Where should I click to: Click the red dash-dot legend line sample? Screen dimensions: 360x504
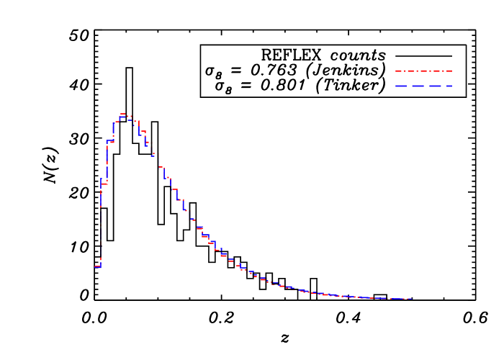(423, 71)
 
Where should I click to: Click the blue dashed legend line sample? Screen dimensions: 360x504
(423, 86)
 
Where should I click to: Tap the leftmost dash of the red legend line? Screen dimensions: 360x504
(398, 71)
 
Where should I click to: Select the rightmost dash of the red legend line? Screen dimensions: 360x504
(449, 71)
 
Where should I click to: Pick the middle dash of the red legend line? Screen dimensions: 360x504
(423, 71)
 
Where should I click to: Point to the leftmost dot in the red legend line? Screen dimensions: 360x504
(405, 71)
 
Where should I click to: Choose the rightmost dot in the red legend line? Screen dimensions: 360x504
(443, 71)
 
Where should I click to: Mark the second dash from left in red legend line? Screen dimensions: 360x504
(410, 71)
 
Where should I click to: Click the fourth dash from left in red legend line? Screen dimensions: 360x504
(436, 71)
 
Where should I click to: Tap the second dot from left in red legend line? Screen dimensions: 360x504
(417, 71)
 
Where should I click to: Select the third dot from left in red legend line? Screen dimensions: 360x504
(430, 71)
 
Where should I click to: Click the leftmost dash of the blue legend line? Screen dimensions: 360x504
(401, 86)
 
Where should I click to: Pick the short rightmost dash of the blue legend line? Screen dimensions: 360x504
(449, 86)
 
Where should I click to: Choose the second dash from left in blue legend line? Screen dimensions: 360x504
(418, 86)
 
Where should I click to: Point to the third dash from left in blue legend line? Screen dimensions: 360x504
(436, 86)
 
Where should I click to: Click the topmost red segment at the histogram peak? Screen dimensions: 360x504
(123, 114)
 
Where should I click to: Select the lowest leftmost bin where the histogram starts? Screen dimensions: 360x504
(97, 267)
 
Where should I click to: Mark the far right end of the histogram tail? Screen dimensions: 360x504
(410, 298)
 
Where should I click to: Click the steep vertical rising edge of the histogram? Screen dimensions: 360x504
(101, 223)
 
